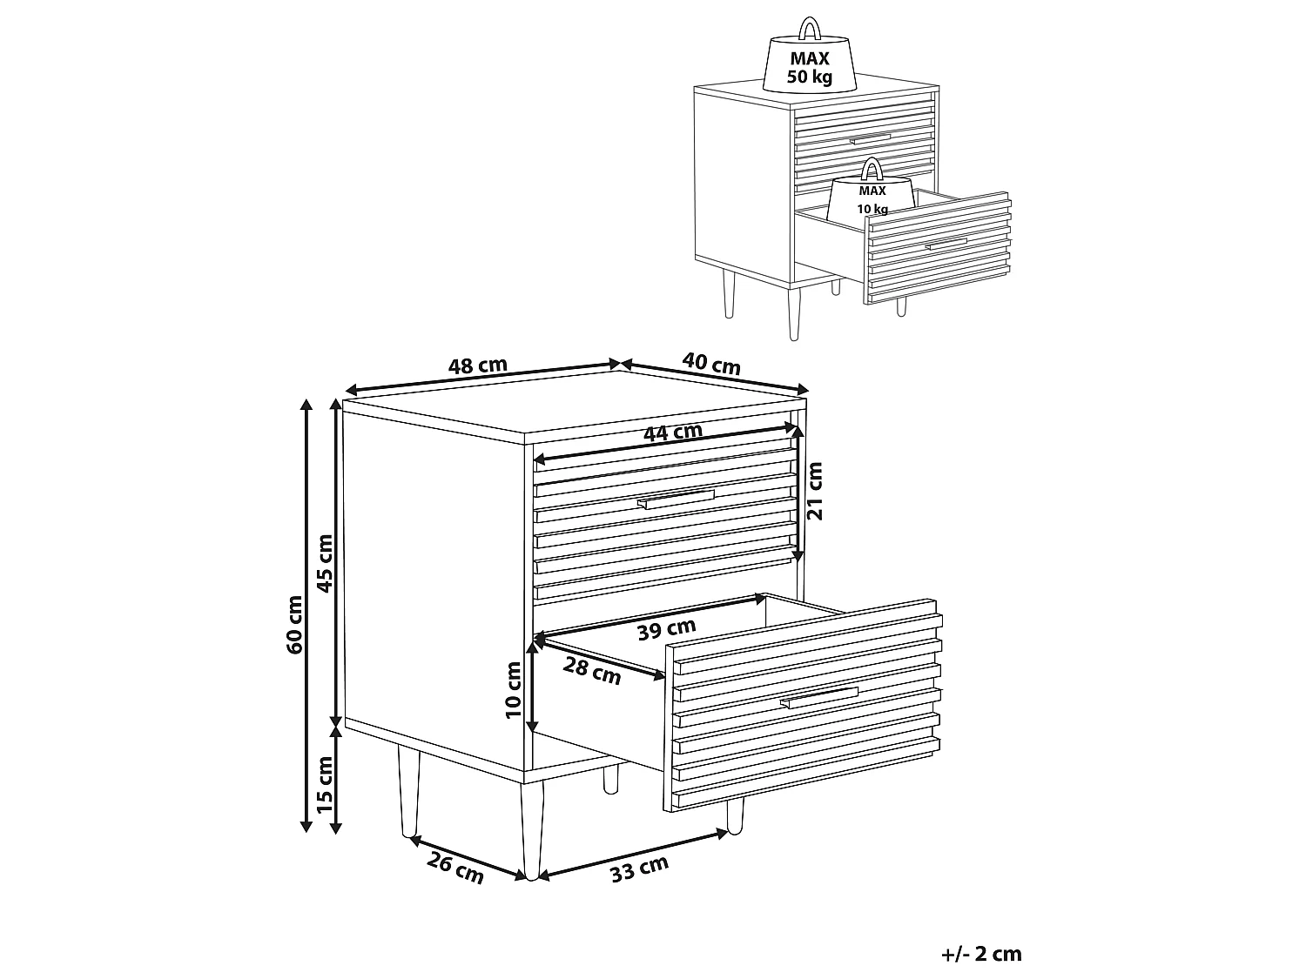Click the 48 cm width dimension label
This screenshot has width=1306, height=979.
(x=477, y=365)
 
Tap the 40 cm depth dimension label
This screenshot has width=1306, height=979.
(x=711, y=363)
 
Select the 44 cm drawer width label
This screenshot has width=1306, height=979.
(x=673, y=432)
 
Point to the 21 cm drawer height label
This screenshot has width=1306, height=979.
(x=815, y=491)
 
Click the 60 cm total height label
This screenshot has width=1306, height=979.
(x=294, y=625)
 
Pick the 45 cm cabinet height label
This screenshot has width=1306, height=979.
(x=324, y=564)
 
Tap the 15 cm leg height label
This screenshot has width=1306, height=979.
(x=324, y=785)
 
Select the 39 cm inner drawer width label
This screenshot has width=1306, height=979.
(x=666, y=629)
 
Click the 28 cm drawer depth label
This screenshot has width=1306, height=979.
(x=592, y=671)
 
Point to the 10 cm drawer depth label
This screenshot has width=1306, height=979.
(x=513, y=690)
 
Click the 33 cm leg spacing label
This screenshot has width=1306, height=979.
(x=640, y=868)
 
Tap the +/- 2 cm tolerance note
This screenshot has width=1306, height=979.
(x=982, y=954)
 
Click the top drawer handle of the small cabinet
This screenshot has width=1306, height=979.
(x=870, y=139)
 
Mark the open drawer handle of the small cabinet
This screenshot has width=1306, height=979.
(x=946, y=244)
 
